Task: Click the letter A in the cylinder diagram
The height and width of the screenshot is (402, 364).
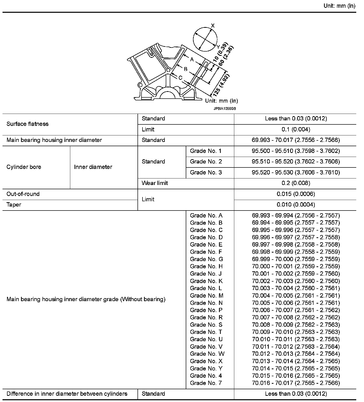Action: (x=192, y=60)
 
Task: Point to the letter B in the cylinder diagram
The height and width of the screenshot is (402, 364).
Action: (x=185, y=69)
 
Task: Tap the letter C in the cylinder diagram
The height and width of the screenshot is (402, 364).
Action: (x=180, y=78)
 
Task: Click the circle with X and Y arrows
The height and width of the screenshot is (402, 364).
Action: (x=205, y=39)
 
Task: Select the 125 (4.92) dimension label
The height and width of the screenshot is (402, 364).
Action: (x=220, y=85)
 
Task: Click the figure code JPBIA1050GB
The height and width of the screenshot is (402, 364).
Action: (x=224, y=109)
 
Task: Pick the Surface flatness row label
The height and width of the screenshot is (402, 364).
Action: (x=27, y=124)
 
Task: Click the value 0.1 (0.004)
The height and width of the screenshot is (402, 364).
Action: (x=296, y=129)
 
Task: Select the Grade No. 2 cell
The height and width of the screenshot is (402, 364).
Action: (x=206, y=162)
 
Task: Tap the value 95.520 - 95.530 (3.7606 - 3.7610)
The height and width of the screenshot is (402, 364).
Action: (x=296, y=172)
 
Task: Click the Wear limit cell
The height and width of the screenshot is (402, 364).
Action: (x=154, y=183)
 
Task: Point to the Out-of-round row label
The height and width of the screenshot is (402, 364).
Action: (x=23, y=194)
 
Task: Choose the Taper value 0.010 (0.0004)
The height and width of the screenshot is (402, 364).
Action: (x=296, y=205)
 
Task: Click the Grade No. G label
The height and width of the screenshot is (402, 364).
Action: (x=206, y=259)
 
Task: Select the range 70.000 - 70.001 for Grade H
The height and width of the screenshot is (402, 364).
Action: (x=296, y=266)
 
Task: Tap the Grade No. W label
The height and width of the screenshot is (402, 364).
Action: (x=207, y=354)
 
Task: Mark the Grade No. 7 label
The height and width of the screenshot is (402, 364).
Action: (x=206, y=383)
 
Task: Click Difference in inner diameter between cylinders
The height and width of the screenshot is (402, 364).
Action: (x=67, y=394)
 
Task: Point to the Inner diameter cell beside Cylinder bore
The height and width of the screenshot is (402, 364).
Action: (x=93, y=167)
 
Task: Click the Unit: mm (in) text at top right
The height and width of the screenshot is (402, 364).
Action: (x=339, y=6)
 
